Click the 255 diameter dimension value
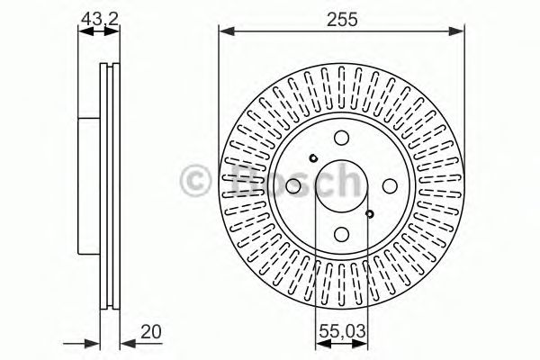(x=342, y=19)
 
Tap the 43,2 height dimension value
(x=100, y=19)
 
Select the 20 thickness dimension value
(x=151, y=332)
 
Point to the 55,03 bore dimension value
(x=342, y=331)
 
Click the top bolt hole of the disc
(x=342, y=138)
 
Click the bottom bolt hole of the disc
(x=342, y=234)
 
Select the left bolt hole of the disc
(x=293, y=186)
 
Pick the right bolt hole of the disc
(x=391, y=186)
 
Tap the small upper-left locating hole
(x=313, y=158)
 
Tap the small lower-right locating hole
(x=370, y=214)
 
